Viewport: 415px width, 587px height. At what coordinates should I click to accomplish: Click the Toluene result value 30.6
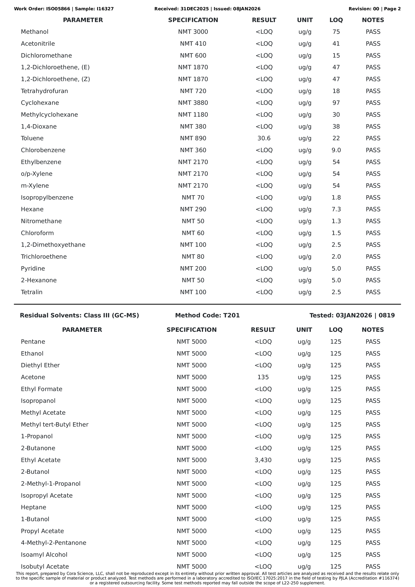coord(264,138)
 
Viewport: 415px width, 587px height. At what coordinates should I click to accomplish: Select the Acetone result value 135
coord(263,377)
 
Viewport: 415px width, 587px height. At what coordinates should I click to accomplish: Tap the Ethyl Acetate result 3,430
coord(263,460)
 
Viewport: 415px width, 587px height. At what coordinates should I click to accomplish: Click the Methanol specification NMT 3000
coord(193,32)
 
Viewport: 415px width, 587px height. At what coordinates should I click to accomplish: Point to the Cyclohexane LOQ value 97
coord(336,103)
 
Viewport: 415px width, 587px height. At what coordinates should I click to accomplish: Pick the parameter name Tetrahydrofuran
coord(44,91)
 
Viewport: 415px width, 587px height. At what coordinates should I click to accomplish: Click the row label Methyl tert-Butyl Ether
coord(55,424)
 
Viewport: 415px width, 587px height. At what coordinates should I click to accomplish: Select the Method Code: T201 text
coord(207,315)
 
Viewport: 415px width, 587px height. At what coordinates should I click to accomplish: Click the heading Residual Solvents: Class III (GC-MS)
coord(80,315)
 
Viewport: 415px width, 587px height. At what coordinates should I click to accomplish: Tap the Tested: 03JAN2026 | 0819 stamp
coord(352,315)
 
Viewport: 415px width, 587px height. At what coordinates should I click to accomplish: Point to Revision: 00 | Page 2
coord(374,9)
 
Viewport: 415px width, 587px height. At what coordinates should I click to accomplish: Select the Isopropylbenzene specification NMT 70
coord(193,198)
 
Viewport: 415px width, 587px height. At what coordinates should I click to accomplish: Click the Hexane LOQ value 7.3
coord(336,209)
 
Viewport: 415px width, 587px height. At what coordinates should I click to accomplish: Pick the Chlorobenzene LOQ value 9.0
coord(336,150)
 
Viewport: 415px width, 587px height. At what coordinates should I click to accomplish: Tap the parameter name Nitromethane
coord(41,221)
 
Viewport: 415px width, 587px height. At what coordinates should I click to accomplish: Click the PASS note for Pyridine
coord(373,268)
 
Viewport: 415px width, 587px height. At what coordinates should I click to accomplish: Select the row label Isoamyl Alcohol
coord(44,555)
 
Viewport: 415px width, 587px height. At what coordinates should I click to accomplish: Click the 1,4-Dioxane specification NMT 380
coord(193,127)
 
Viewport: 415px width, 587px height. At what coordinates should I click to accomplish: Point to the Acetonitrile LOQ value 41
coord(336,44)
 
